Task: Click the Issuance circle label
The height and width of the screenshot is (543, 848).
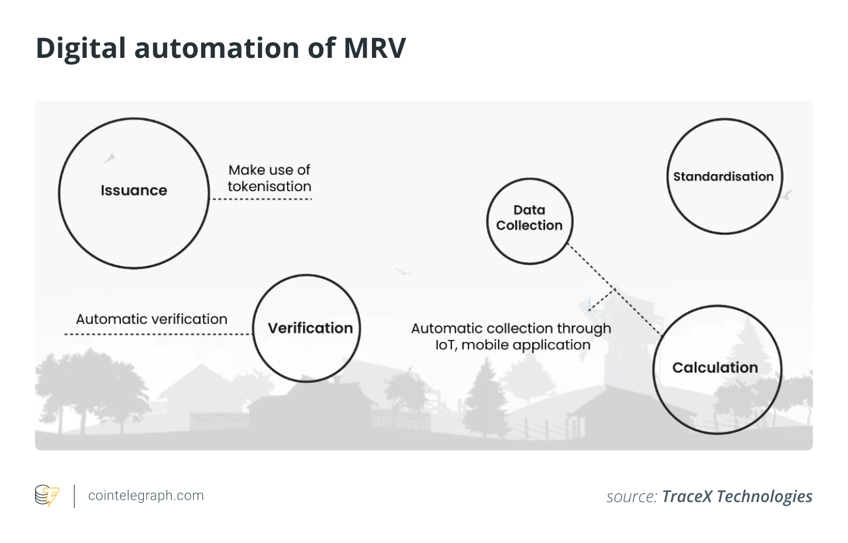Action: (134, 191)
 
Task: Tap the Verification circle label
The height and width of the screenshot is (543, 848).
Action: (310, 328)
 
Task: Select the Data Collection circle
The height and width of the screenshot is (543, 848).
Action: (529, 220)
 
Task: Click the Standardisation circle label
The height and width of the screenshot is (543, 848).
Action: (723, 177)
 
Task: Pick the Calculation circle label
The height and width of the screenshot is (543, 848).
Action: (715, 368)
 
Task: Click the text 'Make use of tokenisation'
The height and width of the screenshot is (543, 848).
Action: (270, 178)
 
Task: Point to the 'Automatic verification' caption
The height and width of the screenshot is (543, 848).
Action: (151, 319)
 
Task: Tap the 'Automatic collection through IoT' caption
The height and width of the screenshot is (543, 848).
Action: (511, 337)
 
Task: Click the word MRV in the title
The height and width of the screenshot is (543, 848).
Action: (374, 48)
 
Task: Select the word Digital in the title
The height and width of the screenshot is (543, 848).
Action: (81, 48)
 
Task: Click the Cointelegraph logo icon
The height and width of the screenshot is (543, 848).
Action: (47, 496)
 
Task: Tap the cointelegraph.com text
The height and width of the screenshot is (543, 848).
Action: (146, 496)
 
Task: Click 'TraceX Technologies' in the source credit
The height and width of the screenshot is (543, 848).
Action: (737, 496)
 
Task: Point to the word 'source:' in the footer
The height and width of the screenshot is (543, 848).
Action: (632, 497)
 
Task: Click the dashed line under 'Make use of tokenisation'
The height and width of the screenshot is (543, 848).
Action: (261, 199)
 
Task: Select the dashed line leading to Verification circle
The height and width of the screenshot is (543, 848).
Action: (158, 334)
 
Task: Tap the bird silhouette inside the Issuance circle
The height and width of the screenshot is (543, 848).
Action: (109, 157)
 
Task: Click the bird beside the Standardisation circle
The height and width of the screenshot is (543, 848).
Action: (788, 195)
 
